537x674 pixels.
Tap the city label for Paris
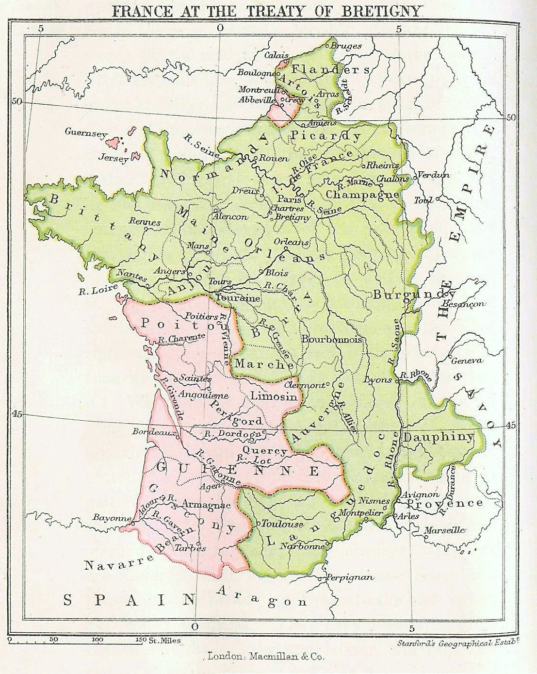pos(287,199)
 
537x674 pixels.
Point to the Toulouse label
pos(282,524)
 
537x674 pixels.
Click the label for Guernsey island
pos(85,132)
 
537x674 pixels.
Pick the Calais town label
pos(276,55)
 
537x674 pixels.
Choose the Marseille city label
pos(444,530)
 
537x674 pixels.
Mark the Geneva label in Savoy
pos(467,361)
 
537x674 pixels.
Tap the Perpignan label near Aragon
pos(350,577)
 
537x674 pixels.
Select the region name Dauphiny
pos(438,437)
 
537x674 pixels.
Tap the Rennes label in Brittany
pos(145,222)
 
